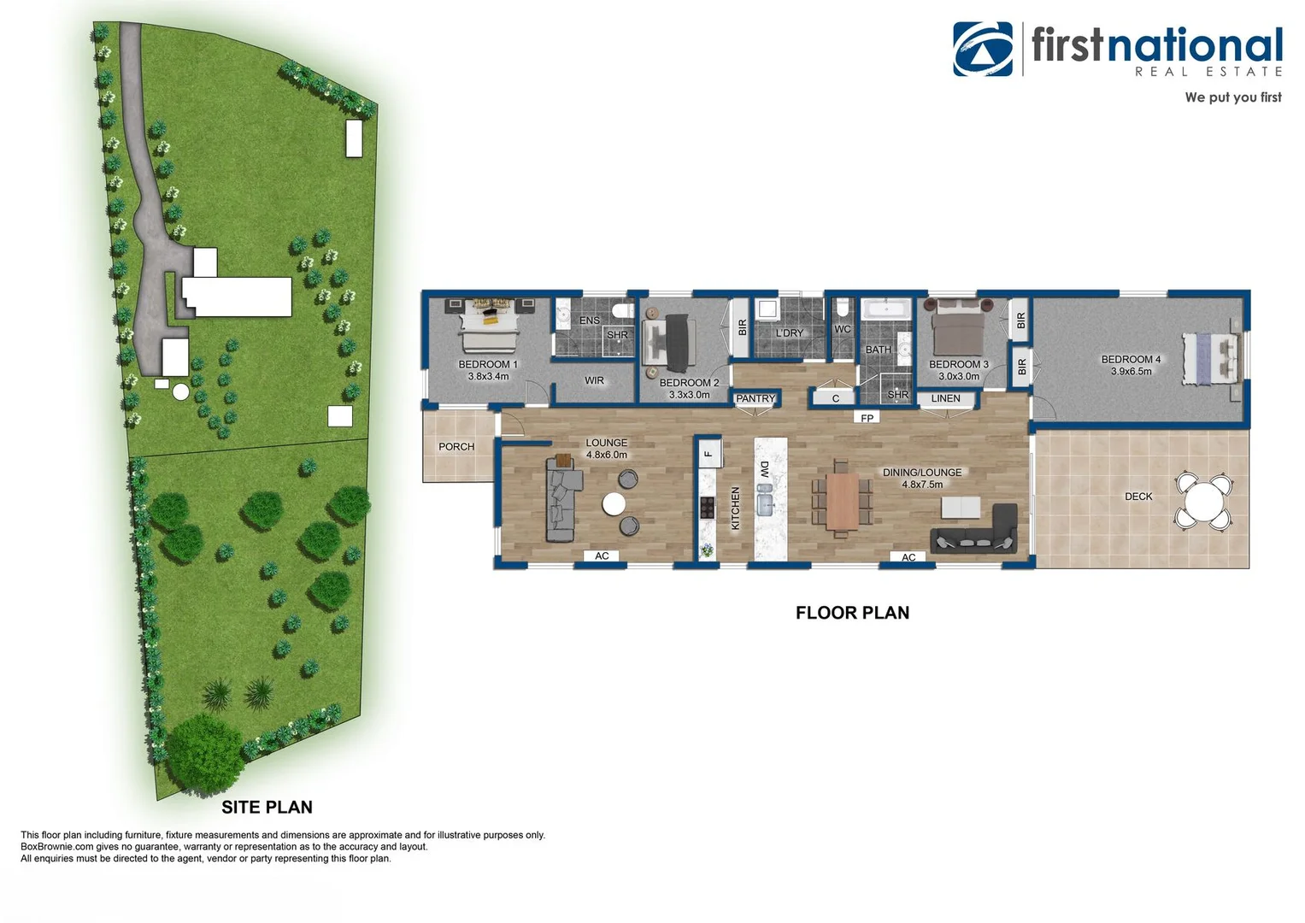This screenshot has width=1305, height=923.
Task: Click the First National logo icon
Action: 983,49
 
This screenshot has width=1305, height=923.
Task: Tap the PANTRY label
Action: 755,398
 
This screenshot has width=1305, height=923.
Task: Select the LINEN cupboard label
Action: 945,398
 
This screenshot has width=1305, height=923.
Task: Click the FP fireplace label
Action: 867,418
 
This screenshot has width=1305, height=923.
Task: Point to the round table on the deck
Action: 1203,499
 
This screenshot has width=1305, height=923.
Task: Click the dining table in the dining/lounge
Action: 842,499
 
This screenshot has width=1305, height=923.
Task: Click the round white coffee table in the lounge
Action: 614,504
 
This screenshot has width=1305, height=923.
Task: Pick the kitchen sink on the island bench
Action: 765,499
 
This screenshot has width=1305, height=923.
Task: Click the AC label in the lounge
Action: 602,556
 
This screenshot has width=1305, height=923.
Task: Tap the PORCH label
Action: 456,447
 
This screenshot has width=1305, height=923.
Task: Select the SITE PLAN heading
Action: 267,807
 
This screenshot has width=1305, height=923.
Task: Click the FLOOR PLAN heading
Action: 852,613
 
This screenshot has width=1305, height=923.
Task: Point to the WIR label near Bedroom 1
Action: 594,381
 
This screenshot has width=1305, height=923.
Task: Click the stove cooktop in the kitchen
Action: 708,508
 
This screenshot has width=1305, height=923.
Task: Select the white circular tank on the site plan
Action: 181,391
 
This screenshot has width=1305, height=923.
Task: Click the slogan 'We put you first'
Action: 1232,97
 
